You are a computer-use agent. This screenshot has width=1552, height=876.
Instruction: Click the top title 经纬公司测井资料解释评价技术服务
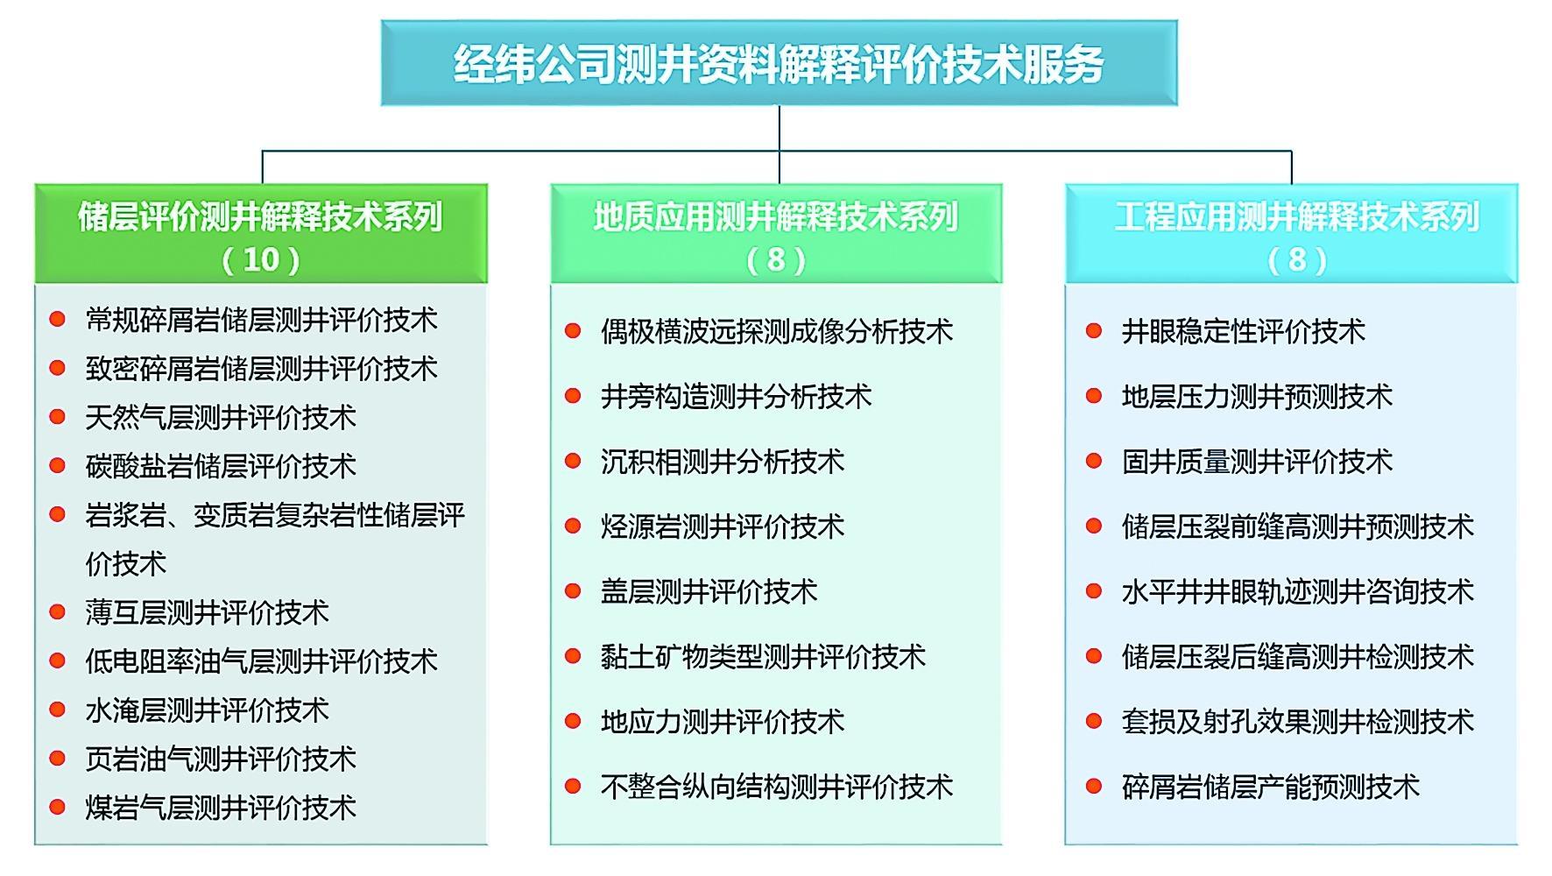(x=779, y=64)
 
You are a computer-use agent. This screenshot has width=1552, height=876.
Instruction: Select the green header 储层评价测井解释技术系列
(x=260, y=216)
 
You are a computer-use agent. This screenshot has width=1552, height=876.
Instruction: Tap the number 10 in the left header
(x=261, y=259)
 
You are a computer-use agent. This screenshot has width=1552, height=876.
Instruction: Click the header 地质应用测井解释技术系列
(x=776, y=216)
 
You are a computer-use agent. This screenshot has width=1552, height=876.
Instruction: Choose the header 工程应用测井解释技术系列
(x=1297, y=216)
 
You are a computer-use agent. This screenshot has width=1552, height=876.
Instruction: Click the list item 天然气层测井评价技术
(x=221, y=417)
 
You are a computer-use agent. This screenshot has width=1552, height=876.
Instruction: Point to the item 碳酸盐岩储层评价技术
(x=221, y=465)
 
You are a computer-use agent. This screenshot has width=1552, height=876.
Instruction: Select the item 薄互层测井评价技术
(x=208, y=611)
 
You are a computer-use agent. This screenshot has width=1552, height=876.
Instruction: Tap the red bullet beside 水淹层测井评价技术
(x=58, y=709)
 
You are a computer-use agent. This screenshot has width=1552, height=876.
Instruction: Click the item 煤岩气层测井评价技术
(x=221, y=807)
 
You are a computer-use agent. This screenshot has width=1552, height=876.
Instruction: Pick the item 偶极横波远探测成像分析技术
(x=777, y=331)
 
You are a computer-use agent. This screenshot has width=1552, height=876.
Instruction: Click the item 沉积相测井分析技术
(x=723, y=462)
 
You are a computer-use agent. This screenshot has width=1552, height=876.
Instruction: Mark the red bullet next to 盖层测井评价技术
(x=573, y=591)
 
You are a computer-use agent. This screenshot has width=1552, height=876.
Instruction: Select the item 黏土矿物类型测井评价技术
(x=763, y=656)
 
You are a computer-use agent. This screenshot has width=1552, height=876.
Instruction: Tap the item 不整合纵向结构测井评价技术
(x=777, y=787)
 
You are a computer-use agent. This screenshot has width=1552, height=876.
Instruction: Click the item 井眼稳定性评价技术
(x=1244, y=331)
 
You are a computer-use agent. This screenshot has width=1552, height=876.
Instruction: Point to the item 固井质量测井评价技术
(x=1257, y=462)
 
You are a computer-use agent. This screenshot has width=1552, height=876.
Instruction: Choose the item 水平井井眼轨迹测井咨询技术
(x=1298, y=591)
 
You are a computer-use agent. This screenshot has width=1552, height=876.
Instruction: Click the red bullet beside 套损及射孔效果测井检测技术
(x=1094, y=721)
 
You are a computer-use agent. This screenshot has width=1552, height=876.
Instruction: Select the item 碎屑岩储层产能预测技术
(x=1271, y=787)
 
